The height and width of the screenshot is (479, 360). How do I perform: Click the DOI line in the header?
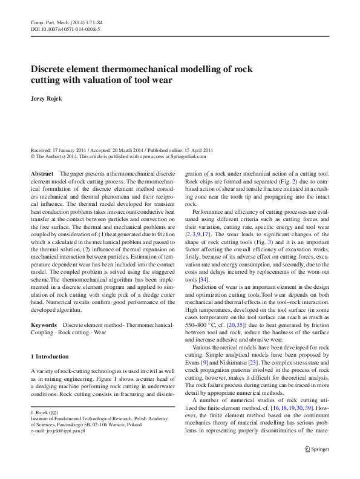[65, 28]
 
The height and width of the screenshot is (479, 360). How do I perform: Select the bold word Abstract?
[42, 174]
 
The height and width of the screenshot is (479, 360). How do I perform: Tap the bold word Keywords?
[44, 326]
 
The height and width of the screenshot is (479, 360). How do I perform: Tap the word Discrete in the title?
[52, 70]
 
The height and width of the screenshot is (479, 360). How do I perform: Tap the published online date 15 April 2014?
[196, 150]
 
